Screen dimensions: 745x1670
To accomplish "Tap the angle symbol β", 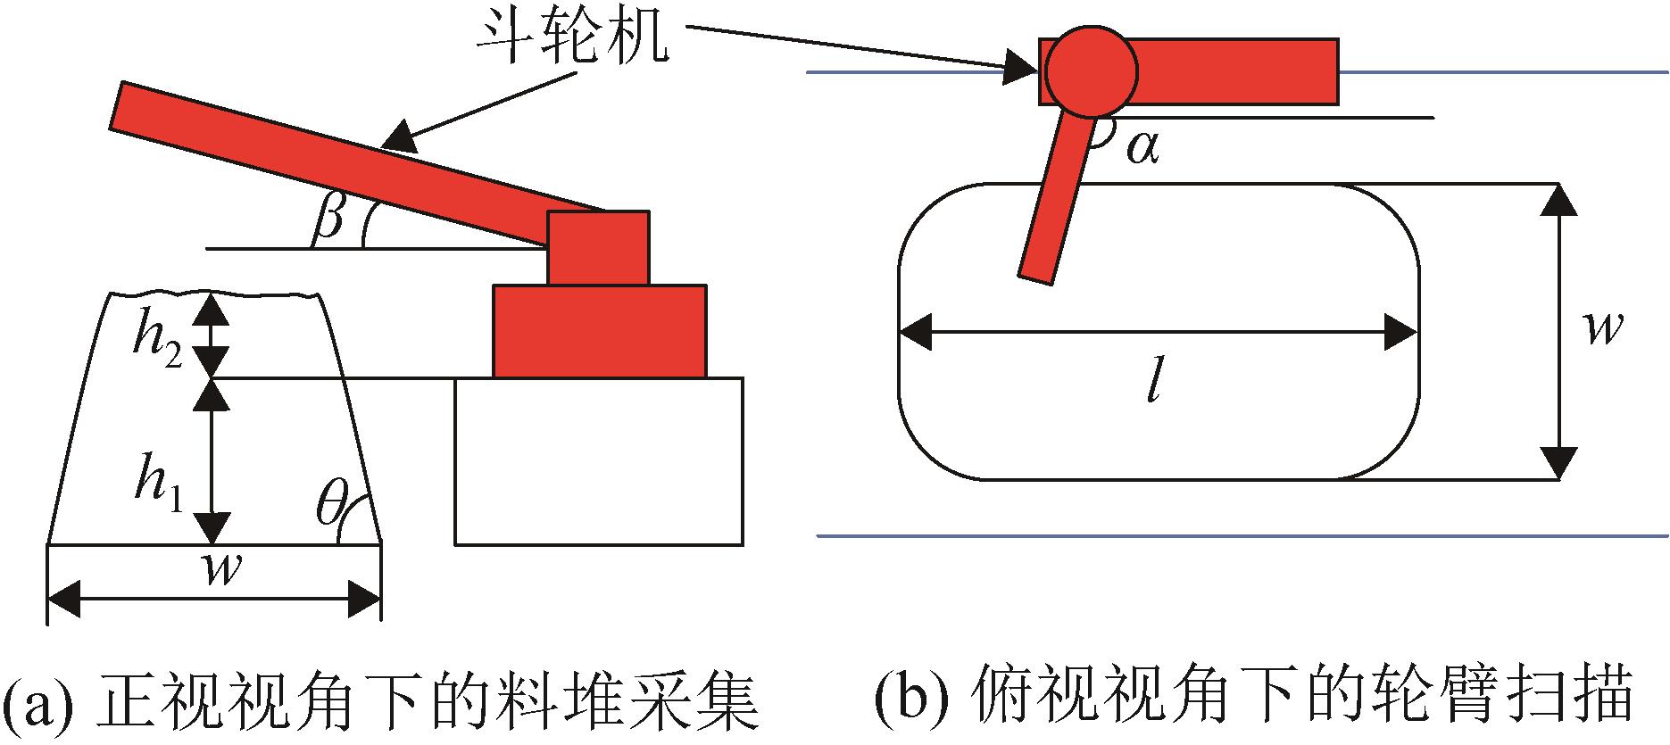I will pos(328,219).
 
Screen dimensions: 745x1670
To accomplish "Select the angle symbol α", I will pos(1142,147).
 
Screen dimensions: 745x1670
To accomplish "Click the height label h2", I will pos(159,344).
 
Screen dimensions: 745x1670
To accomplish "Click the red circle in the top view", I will pos(1091,70).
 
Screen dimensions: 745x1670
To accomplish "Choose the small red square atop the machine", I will pos(598,248).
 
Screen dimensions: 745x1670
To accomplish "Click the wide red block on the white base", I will pos(599,331).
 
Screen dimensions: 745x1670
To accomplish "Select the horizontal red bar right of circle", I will pos(1236,70).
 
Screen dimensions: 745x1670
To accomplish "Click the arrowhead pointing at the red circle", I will pos(1022,66).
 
